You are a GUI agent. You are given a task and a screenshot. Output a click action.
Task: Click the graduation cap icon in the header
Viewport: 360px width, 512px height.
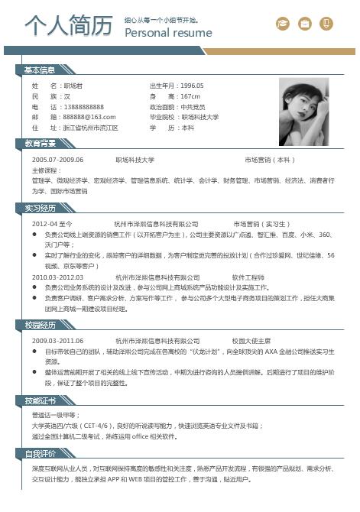[x=283, y=24]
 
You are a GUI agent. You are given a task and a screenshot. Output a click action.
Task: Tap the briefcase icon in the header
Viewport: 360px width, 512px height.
[x=305, y=24]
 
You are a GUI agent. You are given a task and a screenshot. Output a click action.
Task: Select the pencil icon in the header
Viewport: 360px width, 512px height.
[x=327, y=24]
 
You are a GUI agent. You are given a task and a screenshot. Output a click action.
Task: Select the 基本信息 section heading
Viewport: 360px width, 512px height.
[x=40, y=70]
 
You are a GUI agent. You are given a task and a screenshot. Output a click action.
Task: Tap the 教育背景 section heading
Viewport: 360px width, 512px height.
[x=40, y=143]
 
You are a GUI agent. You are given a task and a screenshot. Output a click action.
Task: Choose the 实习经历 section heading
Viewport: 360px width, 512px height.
[x=40, y=207]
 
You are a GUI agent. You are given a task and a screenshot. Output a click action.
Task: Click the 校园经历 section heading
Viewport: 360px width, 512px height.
[x=40, y=325]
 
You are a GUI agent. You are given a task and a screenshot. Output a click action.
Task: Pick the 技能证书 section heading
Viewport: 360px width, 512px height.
[x=40, y=400]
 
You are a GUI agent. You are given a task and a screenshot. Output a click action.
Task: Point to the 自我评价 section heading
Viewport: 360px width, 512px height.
[x=40, y=453]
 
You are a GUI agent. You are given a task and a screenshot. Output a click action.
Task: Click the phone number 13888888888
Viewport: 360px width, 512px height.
[x=83, y=107]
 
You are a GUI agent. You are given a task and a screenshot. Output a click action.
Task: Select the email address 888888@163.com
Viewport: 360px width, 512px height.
[x=89, y=118]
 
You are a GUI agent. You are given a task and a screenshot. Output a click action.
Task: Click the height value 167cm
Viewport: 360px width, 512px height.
[x=190, y=96]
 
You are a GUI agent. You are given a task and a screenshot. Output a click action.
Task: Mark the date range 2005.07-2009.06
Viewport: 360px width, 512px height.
[x=57, y=160]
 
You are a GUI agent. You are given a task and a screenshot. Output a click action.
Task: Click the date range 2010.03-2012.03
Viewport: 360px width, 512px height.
[x=57, y=277]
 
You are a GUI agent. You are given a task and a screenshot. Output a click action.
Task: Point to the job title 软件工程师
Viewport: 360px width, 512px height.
[x=248, y=277]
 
